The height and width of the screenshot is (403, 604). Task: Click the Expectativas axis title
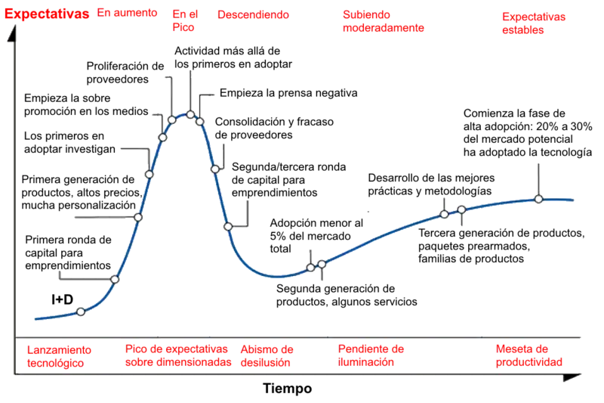pos(46,14)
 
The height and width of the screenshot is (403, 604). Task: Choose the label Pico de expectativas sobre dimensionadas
pos(178,356)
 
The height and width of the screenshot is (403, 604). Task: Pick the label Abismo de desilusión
pos(267,356)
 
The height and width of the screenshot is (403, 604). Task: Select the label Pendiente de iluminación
pos(372,356)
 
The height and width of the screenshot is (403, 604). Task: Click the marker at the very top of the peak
pos(191,114)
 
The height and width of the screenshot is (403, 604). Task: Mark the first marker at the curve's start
pos(81,312)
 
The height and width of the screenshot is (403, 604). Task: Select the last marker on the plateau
pos(538,199)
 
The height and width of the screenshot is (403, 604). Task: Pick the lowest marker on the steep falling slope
pos(227,226)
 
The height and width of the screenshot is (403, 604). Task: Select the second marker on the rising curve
pos(115,280)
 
